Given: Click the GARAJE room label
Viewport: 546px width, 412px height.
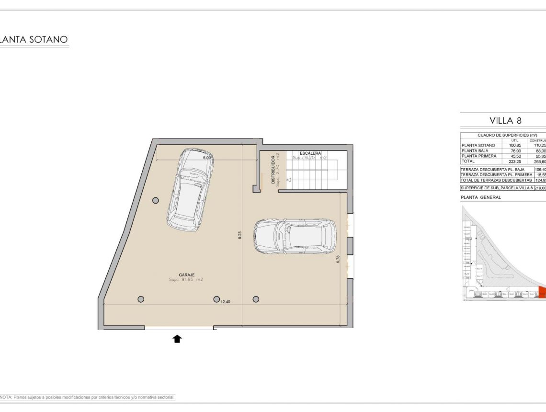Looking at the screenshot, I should coord(186,275).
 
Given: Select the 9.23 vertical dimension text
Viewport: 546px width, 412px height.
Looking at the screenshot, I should coord(240,235).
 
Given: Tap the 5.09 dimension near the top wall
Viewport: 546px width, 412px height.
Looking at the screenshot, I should coord(207,158).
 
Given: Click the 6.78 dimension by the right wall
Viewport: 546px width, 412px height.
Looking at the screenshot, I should coord(338,259).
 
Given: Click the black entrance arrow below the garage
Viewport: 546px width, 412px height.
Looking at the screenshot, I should coord(177,339).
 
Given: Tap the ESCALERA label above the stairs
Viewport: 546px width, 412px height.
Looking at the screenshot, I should coord(310,153).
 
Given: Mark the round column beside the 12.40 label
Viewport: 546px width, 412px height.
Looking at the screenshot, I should coord(216,299).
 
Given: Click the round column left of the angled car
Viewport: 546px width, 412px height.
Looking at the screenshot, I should coord(156,201).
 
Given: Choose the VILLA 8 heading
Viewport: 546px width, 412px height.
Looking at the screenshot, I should coord(505,120).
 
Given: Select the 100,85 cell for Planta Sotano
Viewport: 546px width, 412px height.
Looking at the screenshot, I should coord(515,145).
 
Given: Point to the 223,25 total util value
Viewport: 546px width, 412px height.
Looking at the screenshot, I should coord(515,161).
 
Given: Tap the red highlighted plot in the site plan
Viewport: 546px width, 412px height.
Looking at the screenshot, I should coord(542,292).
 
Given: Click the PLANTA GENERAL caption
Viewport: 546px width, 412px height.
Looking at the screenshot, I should coord(480,197).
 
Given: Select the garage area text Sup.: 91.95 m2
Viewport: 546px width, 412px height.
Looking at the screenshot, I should coord(186,279).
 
